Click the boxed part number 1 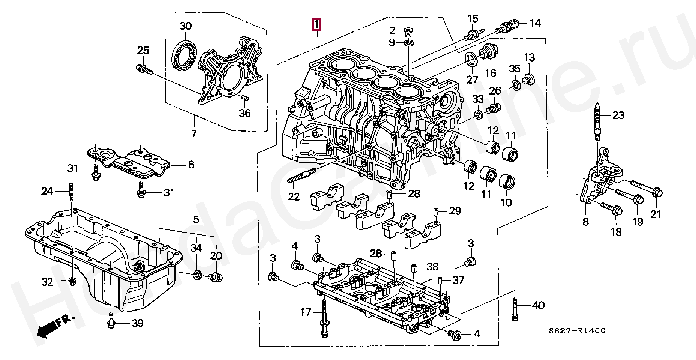316,24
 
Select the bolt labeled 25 144,69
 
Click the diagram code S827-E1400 576,330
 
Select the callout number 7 193,133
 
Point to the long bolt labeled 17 324,318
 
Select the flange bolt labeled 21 647,189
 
